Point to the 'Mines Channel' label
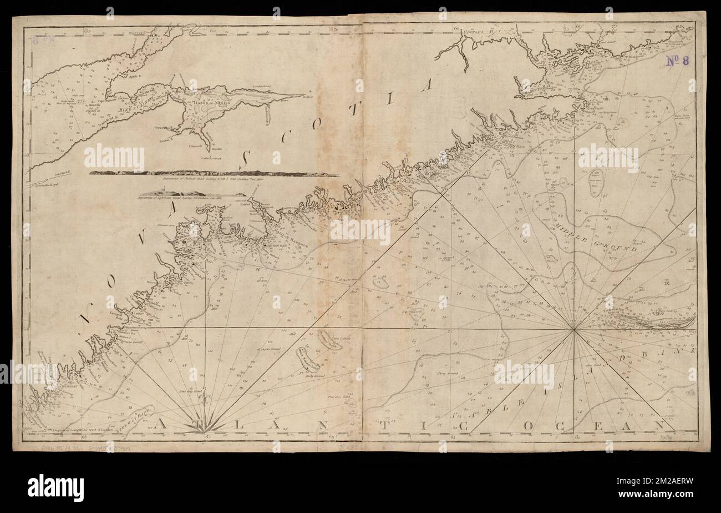point(136,102)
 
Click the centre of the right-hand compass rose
point(574,330)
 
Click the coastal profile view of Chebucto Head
point(214,174)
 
